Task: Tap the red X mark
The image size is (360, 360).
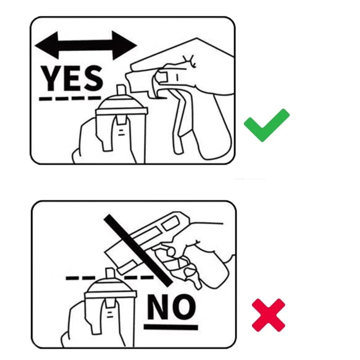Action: [x=268, y=315]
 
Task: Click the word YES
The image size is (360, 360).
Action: [x=72, y=78]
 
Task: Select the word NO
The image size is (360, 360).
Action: [x=171, y=307]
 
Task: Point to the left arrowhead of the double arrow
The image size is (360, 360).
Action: [x=46, y=45]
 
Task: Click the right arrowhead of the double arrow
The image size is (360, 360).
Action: [x=125, y=45]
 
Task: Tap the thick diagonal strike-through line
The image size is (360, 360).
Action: [x=138, y=250]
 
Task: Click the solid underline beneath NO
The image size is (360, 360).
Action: [x=171, y=327]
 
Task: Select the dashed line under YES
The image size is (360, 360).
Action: [x=70, y=99]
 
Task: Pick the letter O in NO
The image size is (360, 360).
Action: [x=184, y=307]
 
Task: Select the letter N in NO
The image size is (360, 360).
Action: [x=158, y=307]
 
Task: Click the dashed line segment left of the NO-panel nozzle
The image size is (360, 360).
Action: [x=81, y=278]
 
